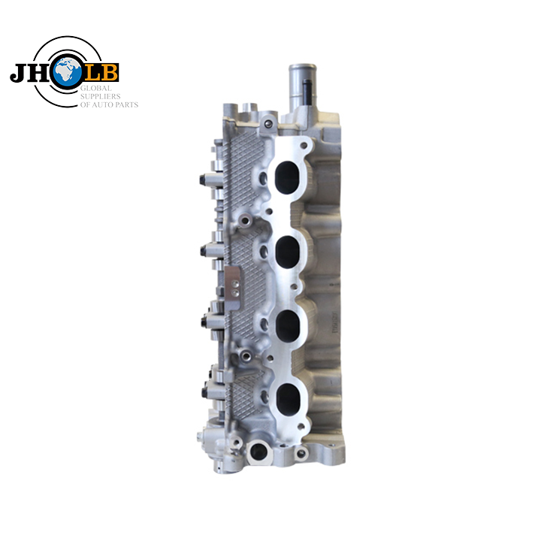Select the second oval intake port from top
pyautogui.click(x=289, y=250)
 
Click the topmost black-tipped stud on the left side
pyautogui.click(x=203, y=180)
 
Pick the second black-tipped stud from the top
pyautogui.click(x=205, y=249)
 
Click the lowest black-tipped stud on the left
pyautogui.click(x=205, y=391)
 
